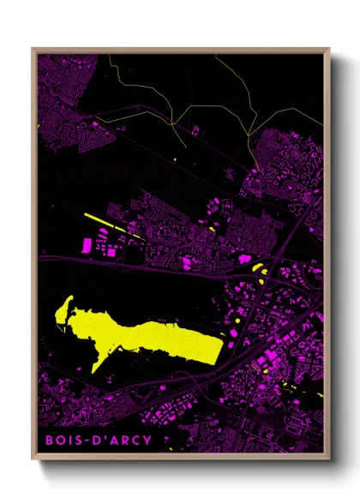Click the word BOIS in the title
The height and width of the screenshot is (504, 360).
click(63, 441)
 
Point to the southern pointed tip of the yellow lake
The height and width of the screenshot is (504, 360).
click(95, 371)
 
